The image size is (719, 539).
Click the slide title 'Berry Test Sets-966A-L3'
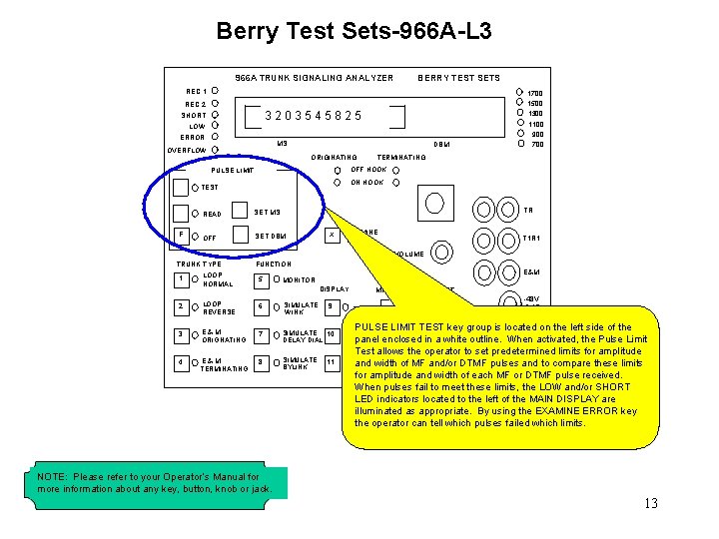[x=354, y=32]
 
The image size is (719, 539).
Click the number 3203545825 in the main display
[x=314, y=116]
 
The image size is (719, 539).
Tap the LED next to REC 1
[x=216, y=90]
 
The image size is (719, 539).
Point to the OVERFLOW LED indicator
[x=216, y=150]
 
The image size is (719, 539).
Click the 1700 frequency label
[x=535, y=93]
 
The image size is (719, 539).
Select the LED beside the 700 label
[x=518, y=144]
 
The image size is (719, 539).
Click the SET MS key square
[x=240, y=211]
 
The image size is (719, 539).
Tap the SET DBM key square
[x=240, y=236]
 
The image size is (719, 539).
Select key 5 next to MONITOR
[x=262, y=279]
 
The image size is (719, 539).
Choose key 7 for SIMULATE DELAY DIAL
[x=262, y=333]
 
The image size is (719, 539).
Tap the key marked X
[x=334, y=236]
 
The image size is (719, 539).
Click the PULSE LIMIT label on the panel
[x=232, y=171]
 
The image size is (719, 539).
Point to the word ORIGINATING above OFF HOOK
[x=335, y=158]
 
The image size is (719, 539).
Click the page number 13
[x=651, y=503]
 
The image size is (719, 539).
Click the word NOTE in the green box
[x=52, y=477]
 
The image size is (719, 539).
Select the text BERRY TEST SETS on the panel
[x=458, y=78]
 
